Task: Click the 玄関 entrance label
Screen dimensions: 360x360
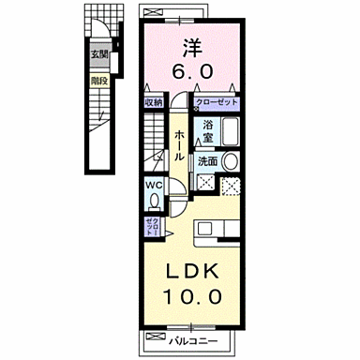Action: [98, 54]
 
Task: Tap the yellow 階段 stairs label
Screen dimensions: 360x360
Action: [98, 81]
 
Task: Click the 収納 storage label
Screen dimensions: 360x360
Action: [154, 101]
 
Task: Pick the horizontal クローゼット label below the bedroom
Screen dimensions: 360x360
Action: [217, 101]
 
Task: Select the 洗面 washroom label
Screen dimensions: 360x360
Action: [208, 161]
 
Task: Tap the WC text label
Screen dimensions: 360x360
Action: [154, 185]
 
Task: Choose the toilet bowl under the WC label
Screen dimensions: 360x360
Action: [154, 202]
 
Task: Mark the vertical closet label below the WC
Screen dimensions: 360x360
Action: [154, 225]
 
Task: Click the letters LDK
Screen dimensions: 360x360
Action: [195, 272]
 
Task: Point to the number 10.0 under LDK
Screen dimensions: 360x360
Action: [195, 296]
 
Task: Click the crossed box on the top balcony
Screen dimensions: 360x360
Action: [150, 10]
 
